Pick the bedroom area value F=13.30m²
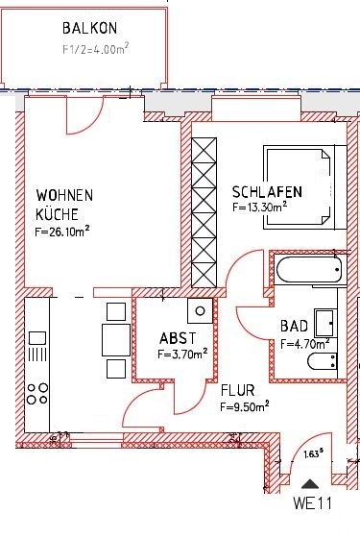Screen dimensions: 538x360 (260, 206)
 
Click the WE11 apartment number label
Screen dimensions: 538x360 (311, 501)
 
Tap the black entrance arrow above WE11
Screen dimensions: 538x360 (308, 483)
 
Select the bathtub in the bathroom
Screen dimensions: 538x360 (306, 269)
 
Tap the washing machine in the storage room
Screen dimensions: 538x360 (201, 310)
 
